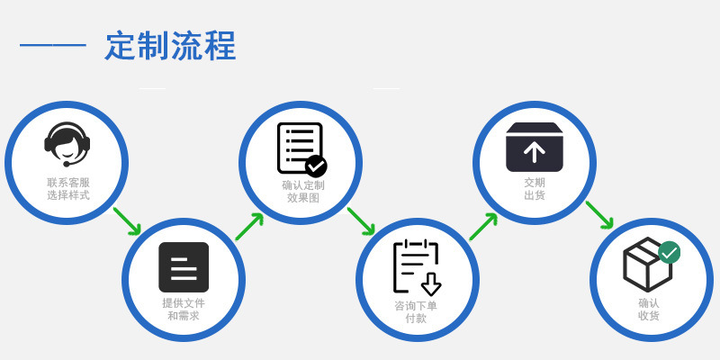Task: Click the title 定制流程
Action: tap(170, 45)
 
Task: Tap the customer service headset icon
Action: tap(67, 144)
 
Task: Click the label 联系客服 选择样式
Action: tap(68, 188)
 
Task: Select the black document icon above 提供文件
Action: tap(184, 267)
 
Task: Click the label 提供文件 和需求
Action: tap(184, 309)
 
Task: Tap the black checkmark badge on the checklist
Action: tap(316, 166)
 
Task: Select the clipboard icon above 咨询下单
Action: tap(416, 267)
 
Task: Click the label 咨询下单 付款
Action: tap(416, 311)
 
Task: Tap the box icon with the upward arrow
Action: tap(534, 147)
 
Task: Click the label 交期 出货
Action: tap(535, 188)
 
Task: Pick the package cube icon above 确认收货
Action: tap(647, 265)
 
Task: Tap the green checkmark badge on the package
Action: tap(669, 252)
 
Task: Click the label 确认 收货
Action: tap(649, 309)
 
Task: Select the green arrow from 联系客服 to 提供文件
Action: tap(127, 221)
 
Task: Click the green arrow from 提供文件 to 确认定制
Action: tap(249, 227)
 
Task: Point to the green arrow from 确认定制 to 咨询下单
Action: tap(361, 221)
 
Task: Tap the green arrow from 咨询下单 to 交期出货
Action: tap(483, 227)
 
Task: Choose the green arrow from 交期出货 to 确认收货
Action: tap(599, 215)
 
